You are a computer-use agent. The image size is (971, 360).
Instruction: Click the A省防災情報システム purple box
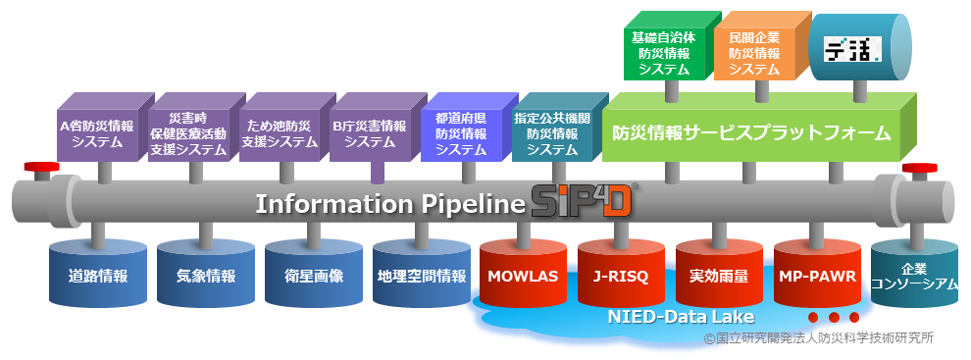coord(97,133)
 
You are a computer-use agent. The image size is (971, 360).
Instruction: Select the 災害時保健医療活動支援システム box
coord(188,133)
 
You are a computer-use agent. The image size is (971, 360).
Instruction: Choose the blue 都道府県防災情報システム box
coord(461,133)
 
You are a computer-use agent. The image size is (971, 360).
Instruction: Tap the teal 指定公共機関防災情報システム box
coord(552,133)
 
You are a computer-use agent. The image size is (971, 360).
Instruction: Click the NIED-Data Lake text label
coord(680,317)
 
